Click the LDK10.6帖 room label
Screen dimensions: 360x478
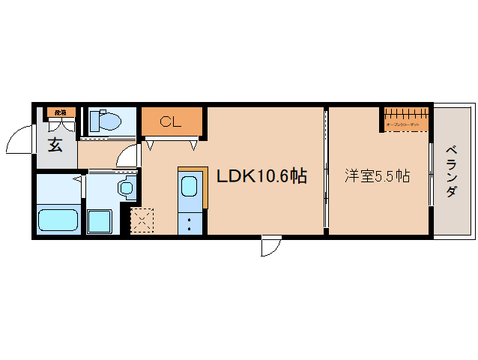261,177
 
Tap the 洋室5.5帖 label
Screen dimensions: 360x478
377,177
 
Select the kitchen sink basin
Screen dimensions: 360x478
190,187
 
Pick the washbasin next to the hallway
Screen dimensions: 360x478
126,187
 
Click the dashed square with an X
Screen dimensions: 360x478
141,221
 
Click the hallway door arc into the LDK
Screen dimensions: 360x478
130,155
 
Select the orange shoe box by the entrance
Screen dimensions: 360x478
59,112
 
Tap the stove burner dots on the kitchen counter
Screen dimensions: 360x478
190,223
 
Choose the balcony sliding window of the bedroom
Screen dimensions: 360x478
430,174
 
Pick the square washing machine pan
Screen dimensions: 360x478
100,221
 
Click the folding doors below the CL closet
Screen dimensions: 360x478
173,140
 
